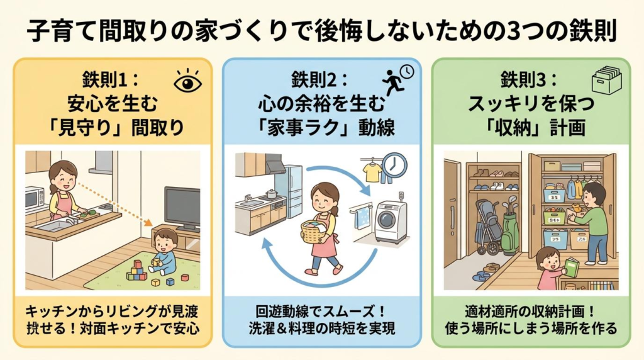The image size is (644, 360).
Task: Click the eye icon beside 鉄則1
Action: coord(186,84)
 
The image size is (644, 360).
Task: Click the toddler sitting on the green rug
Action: coord(165,252)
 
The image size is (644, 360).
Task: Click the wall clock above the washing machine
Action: coord(394,165)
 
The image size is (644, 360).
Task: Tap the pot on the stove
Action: coord(272,194)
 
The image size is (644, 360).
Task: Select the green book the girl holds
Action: coord(570,267)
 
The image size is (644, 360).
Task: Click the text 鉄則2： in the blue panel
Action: coord(321,80)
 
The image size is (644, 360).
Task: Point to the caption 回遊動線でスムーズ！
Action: coord(321,312)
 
